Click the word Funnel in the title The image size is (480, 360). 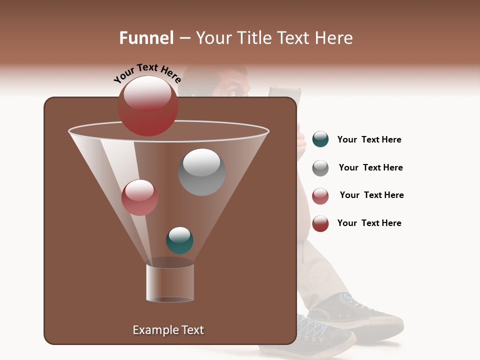tap(146, 38)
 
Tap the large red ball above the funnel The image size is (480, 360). tap(147, 106)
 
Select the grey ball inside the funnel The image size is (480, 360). tap(201, 172)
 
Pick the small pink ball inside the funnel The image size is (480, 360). tap(139, 197)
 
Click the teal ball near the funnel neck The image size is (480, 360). tap(179, 240)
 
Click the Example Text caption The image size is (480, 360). tap(168, 330)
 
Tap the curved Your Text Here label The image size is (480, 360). tap(147, 73)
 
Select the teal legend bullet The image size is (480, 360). tap(320, 139)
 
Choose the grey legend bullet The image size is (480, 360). tap(320, 168)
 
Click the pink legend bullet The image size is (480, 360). tap(320, 196)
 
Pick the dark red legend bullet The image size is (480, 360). tap(320, 223)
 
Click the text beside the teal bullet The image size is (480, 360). tap(369, 140)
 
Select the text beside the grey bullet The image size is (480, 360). tap(370, 168)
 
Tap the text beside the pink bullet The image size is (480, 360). tap(371, 195)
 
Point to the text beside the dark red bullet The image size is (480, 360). tap(369, 223)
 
